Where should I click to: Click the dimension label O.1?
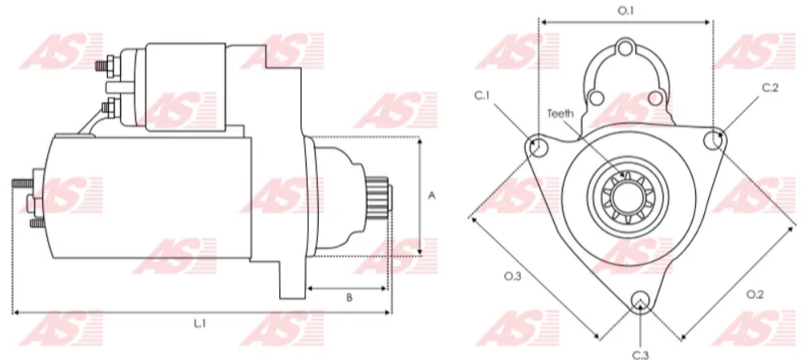point(625,10)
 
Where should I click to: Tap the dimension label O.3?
point(512,276)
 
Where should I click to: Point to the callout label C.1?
point(482,96)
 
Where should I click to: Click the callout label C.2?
point(770,88)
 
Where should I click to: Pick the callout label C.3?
point(640,354)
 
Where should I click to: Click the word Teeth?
point(561,114)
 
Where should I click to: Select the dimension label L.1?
point(200,323)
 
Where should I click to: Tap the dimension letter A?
point(432,195)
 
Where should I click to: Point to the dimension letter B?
point(349,298)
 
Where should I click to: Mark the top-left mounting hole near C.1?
point(535,147)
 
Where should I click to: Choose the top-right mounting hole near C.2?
point(714,139)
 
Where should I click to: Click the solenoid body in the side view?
point(187,85)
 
